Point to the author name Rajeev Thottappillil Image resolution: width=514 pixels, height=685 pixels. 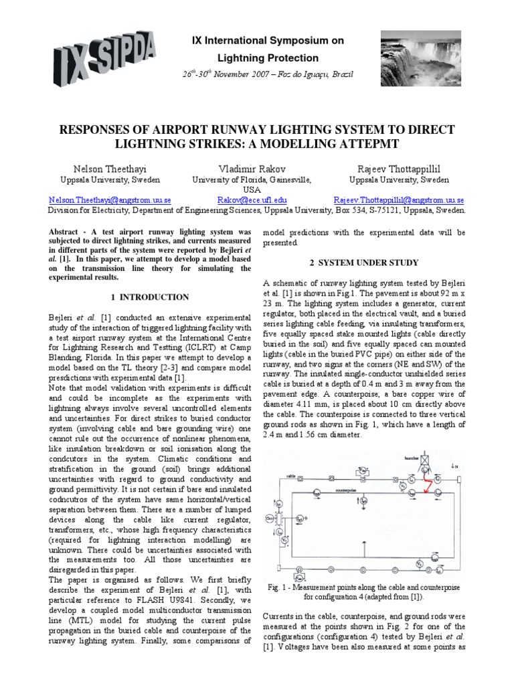[x=398, y=169]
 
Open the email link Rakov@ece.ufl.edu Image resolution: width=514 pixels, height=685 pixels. [x=252, y=199]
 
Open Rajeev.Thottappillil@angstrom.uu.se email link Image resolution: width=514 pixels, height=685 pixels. [x=399, y=199]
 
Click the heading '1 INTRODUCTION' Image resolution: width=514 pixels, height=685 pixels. [x=148, y=297]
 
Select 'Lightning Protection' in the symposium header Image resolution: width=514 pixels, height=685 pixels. [x=266, y=58]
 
